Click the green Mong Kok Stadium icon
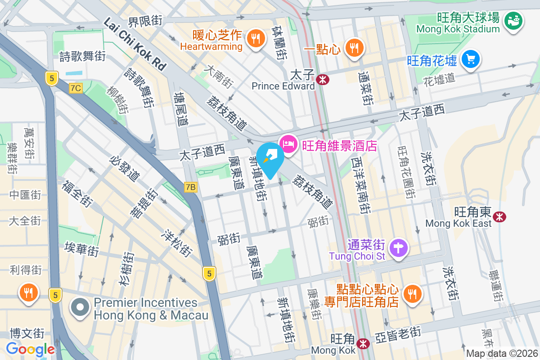click(x=513, y=20)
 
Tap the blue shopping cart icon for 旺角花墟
click(x=471, y=59)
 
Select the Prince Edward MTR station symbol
click(x=322, y=80)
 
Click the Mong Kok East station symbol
click(x=499, y=217)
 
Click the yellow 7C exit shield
click(x=76, y=88)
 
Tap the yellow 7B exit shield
click(x=191, y=186)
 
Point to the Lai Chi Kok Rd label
click(x=135, y=43)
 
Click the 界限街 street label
click(x=144, y=21)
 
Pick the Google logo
click(x=30, y=349)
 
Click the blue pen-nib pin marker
click(x=270, y=157)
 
